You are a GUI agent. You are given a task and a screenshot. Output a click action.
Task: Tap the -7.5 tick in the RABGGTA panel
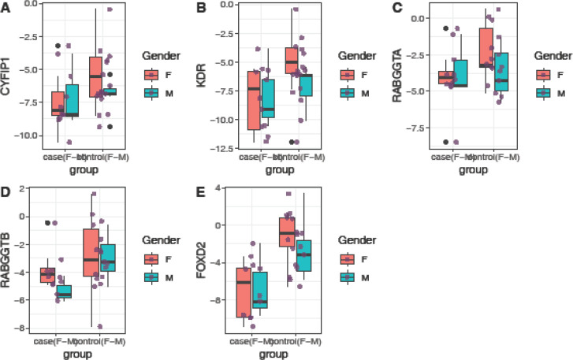418,128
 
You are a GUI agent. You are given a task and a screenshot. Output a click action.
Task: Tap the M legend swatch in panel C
541,92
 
